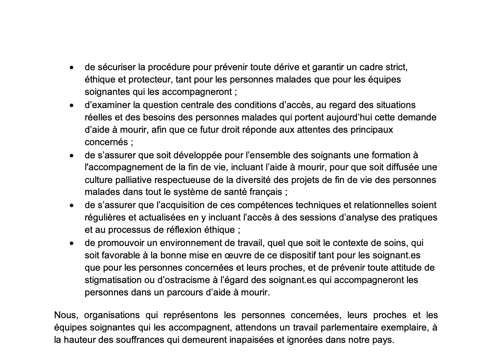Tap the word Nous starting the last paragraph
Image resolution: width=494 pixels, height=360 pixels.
point(64,315)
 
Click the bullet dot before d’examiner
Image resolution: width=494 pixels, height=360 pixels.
point(71,106)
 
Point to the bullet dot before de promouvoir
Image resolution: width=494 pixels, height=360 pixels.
point(71,243)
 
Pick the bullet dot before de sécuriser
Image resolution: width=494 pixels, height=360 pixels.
point(71,68)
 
